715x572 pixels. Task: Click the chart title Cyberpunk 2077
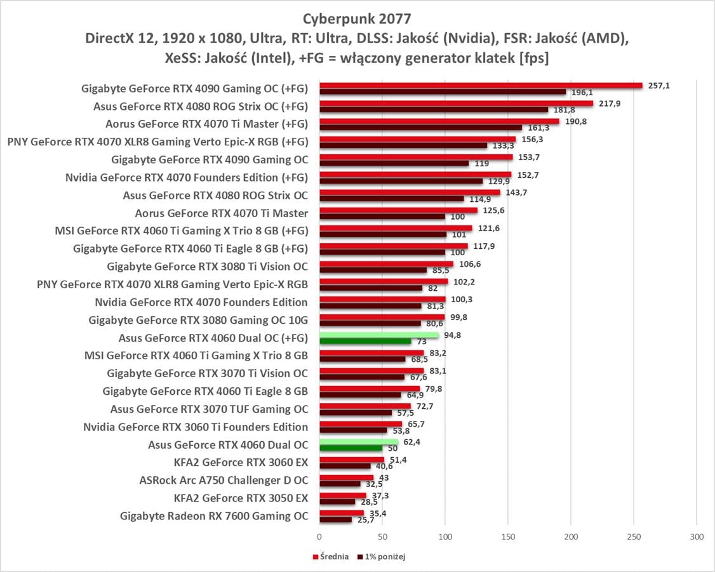357,17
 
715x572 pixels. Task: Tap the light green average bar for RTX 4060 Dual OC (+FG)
379,335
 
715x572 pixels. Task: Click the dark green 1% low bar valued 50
351,448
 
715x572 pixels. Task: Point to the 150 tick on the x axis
508,537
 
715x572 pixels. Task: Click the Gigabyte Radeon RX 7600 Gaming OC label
214,516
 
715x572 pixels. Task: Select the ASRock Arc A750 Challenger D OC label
224,481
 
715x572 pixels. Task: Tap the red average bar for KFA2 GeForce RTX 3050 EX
342,495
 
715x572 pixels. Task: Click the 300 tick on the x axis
697,537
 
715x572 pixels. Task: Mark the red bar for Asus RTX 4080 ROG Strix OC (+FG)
456,103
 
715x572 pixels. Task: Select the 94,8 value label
452,335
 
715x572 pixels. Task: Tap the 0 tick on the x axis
319,537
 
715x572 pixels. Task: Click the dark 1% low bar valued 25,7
335,519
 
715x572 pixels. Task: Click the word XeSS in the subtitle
179,58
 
